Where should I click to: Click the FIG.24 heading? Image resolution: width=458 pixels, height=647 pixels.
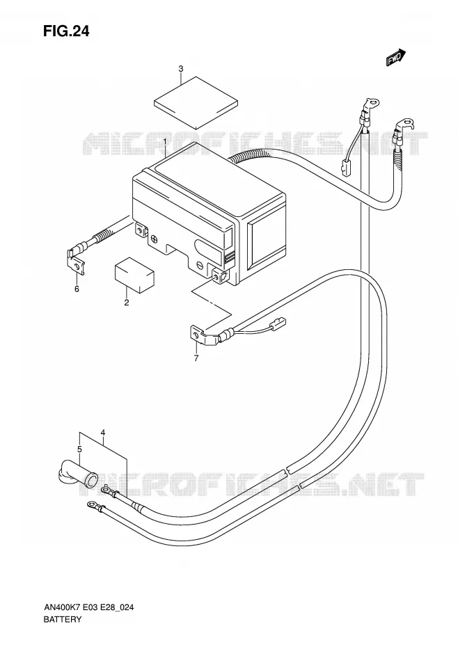[x=66, y=31]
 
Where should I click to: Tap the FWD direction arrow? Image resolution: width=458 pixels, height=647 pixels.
[x=396, y=57]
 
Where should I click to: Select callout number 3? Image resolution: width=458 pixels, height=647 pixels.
[x=181, y=68]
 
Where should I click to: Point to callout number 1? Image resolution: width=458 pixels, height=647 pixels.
[x=164, y=142]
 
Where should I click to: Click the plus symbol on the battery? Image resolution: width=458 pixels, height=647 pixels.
[x=154, y=239]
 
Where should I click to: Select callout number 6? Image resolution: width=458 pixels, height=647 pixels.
[x=77, y=289]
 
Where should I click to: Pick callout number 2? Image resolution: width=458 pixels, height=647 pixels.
[x=127, y=303]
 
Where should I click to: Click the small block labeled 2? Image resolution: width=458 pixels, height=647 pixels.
[x=134, y=275]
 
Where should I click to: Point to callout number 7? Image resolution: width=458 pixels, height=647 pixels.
[x=196, y=358]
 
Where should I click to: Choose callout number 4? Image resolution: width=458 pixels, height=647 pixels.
[x=103, y=433]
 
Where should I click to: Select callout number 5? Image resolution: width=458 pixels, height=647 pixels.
[x=80, y=449]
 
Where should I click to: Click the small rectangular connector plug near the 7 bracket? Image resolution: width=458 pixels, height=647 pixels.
[x=278, y=322]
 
